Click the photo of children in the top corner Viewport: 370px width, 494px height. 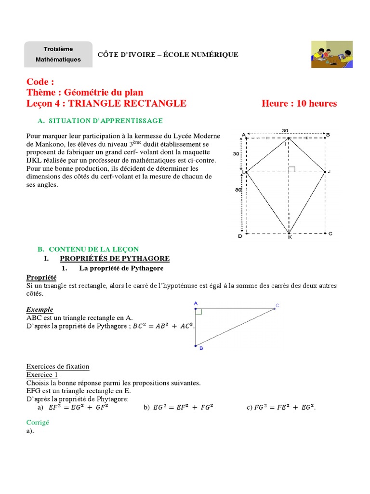coord(332,55)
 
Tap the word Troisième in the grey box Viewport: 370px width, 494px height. coord(58,49)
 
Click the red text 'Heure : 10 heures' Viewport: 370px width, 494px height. coord(299,104)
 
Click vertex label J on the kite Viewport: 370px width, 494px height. coord(330,172)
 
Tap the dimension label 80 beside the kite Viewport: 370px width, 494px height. coord(238,190)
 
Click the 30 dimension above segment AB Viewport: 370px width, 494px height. coord(285,130)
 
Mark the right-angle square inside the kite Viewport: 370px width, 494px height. coord(291,169)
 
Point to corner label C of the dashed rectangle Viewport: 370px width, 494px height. coord(330,234)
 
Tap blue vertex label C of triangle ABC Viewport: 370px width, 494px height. coord(277,305)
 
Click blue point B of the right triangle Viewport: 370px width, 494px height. coord(196,345)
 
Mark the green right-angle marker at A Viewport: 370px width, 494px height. coord(198,312)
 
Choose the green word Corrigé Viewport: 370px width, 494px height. coord(38,422)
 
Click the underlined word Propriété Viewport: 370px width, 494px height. coord(41,277)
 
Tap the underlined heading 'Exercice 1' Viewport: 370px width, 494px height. coord(42,374)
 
